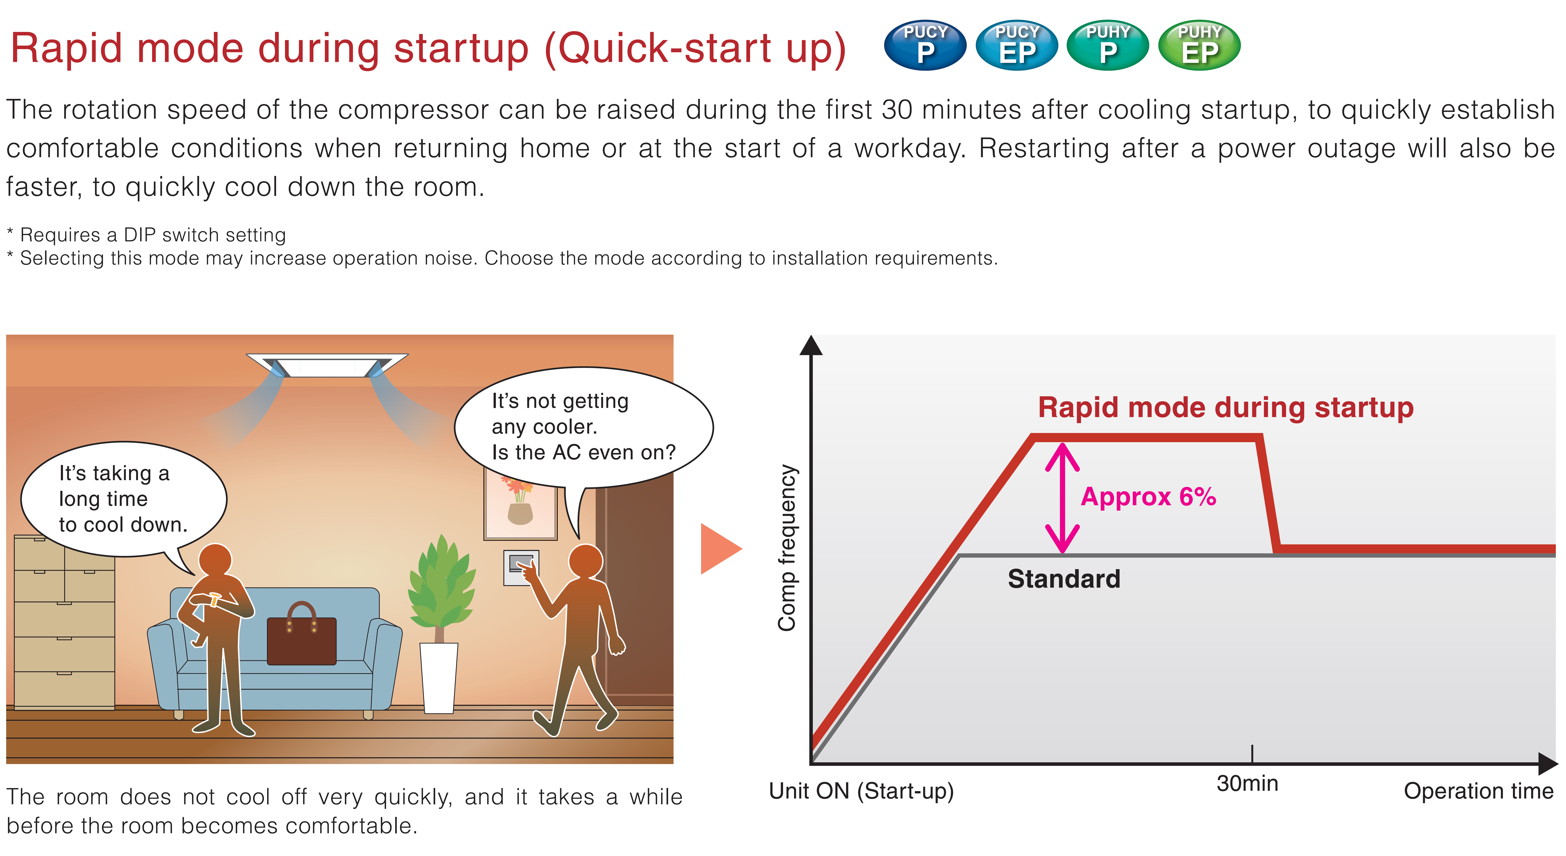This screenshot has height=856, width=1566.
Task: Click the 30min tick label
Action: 1247,783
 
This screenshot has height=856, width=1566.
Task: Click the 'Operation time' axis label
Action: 1478,791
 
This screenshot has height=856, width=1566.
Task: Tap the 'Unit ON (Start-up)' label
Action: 861,791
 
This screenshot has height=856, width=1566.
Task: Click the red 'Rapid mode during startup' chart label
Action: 1226,407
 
